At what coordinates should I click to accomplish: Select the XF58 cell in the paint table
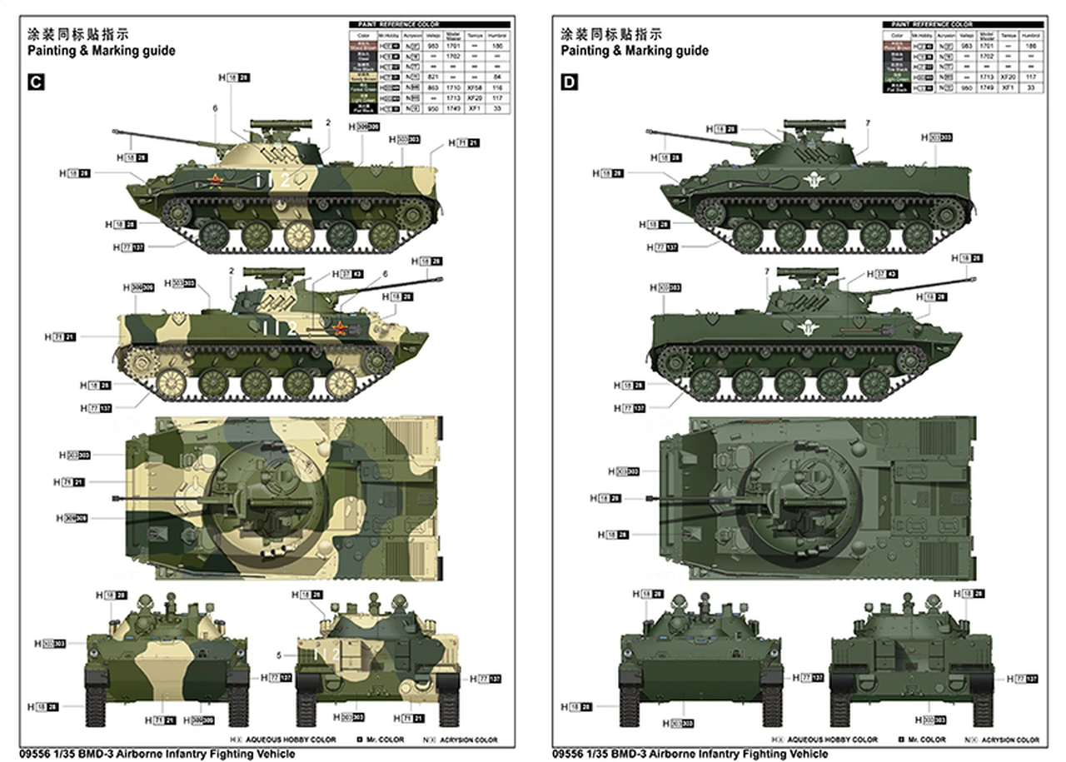475,87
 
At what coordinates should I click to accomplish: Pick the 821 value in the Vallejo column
431,77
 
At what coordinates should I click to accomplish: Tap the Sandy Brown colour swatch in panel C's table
363,77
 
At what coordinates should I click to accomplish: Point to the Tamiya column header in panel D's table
1008,36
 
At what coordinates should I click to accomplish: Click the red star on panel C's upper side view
216,182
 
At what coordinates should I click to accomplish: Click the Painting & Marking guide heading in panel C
101,51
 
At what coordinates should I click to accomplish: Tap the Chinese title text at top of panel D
611,34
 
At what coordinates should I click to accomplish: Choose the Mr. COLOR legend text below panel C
384,740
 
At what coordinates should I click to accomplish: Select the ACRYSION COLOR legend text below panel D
1009,740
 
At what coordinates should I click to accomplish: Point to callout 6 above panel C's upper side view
215,108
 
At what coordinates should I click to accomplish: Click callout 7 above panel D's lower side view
767,271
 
